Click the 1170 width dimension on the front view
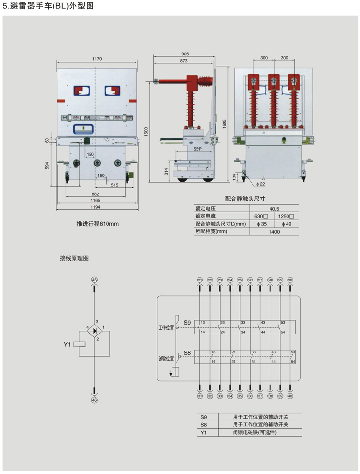[x=97, y=59]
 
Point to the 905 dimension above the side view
[x=185, y=54]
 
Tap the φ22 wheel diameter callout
[x=261, y=184]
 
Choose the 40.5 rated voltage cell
[x=273, y=208]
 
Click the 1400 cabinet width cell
[x=273, y=232]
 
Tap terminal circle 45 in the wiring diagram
[x=95, y=280]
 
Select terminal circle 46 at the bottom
[x=95, y=400]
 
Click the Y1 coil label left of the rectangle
[x=68, y=344]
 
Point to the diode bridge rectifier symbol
[x=95, y=331]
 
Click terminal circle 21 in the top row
[x=200, y=280]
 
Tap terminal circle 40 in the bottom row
[x=290, y=396]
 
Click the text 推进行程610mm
[x=98, y=224]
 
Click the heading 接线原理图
[x=74, y=258]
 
